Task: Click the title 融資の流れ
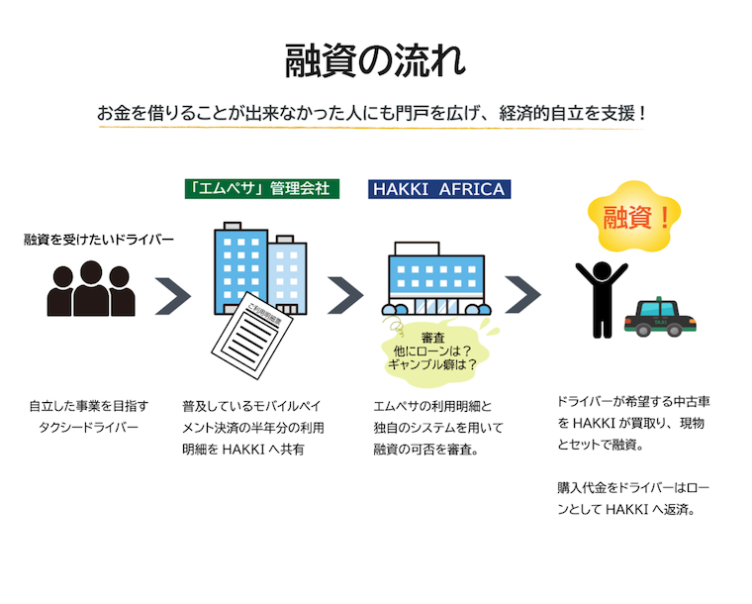pos(375,61)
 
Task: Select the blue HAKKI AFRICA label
pos(439,188)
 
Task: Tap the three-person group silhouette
pos(91,289)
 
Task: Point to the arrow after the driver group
pos(172,296)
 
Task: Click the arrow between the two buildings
pos(345,295)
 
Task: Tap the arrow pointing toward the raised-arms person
pos(521,294)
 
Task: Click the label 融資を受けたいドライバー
pos(99,240)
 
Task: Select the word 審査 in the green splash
pos(432,337)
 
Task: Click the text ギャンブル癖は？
pos(432,363)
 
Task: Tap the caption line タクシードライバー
pos(89,428)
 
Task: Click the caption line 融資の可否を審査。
pos(426,450)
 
